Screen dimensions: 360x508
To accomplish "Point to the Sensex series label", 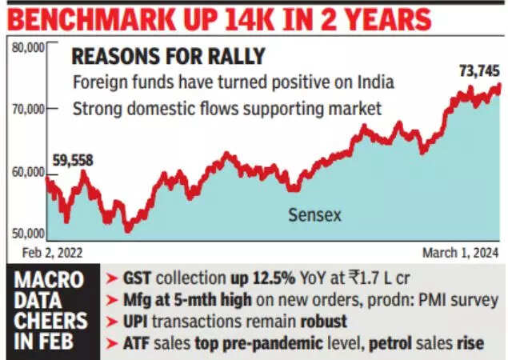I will pos(315,215).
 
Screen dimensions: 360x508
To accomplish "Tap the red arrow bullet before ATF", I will pos(113,343).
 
